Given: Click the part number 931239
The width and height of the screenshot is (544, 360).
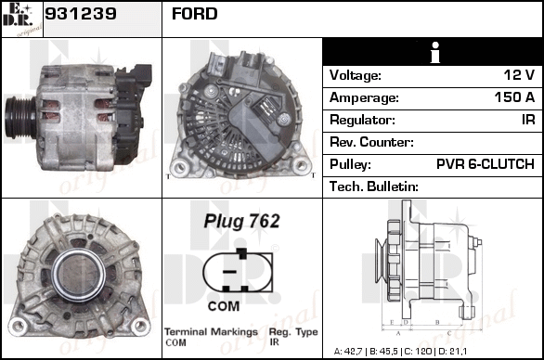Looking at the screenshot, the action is pyautogui.click(x=81, y=14).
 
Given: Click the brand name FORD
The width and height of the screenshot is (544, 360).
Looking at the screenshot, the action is pyautogui.click(x=195, y=14).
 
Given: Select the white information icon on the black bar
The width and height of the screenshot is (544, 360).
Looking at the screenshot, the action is pyautogui.click(x=434, y=52).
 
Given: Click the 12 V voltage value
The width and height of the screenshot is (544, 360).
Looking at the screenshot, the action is pyautogui.click(x=519, y=75).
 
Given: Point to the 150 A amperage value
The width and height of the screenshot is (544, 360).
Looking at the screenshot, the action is pyautogui.click(x=514, y=97).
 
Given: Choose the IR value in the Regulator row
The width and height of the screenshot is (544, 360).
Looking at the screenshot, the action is pyautogui.click(x=528, y=120).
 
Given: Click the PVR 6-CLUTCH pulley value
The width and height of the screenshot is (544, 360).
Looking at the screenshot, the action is pyautogui.click(x=486, y=164).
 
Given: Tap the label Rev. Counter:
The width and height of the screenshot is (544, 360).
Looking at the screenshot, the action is pyautogui.click(x=371, y=142).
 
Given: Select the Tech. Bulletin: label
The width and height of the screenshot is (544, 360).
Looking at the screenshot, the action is pyautogui.click(x=374, y=186).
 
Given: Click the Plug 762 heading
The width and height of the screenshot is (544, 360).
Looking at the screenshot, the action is pyautogui.click(x=241, y=221).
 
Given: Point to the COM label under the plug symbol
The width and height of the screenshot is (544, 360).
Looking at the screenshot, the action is pyautogui.click(x=224, y=306).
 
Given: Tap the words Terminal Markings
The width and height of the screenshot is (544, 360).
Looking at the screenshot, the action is pyautogui.click(x=211, y=332).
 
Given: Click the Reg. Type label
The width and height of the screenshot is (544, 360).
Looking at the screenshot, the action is pyautogui.click(x=293, y=332).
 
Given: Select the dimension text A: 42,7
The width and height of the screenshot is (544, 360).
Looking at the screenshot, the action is pyautogui.click(x=348, y=352).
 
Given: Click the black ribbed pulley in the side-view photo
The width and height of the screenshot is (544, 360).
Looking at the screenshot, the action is pyautogui.click(x=19, y=118).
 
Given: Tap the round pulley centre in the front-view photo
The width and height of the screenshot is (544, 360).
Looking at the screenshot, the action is pyautogui.click(x=79, y=275).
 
